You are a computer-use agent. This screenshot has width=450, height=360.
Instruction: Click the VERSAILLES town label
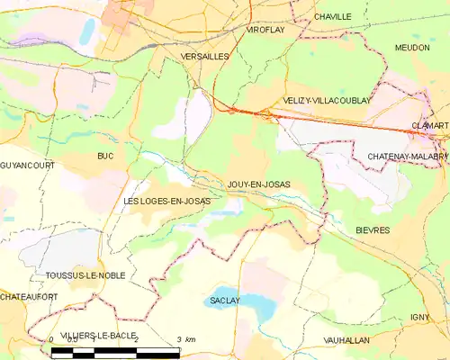[204, 56]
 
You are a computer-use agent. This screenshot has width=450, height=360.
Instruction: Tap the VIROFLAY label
[265, 29]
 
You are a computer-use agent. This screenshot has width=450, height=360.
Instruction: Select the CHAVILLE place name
[332, 17]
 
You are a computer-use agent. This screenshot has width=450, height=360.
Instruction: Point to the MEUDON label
[411, 47]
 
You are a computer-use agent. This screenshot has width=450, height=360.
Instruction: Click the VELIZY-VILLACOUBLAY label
[326, 101]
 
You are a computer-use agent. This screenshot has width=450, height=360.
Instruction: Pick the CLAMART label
[429, 126]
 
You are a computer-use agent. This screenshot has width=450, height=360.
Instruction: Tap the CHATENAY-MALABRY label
[407, 157]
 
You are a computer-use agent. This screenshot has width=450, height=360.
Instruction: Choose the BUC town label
[105, 156]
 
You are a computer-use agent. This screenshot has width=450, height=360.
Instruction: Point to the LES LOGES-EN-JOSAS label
[166, 201]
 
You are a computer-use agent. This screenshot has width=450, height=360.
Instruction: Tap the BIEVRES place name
[372, 230]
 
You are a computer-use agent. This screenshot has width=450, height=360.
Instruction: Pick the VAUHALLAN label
[345, 340]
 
